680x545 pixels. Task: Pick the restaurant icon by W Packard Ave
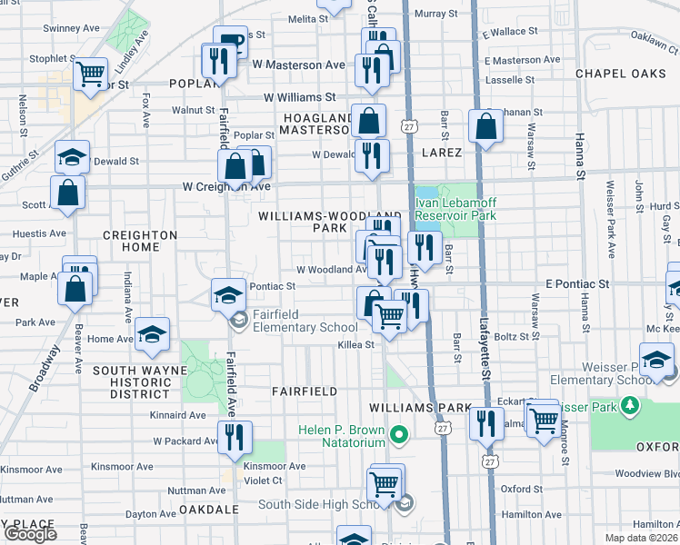click(x=235, y=437)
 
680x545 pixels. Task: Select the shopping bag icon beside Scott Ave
click(x=68, y=192)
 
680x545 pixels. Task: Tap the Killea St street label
click(x=356, y=345)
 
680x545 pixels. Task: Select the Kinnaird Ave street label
click(x=179, y=415)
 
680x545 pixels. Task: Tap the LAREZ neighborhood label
click(x=442, y=153)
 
